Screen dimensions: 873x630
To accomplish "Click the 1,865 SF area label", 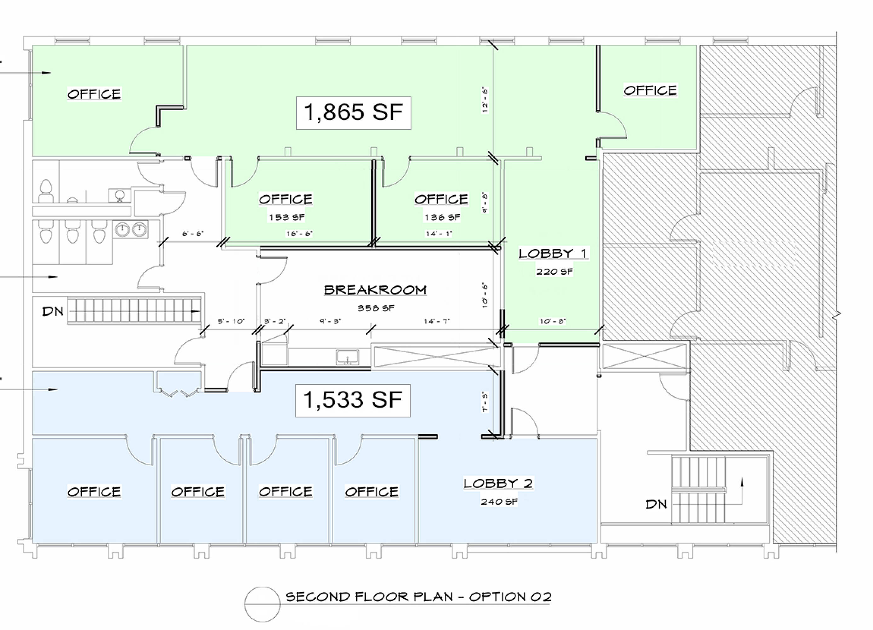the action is [353, 112].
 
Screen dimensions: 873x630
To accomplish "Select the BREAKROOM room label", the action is [375, 290].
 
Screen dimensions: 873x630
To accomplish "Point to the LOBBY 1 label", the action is [553, 253].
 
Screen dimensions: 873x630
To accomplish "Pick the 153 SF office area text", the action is [287, 217].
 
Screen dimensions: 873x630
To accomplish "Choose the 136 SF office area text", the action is [442, 217].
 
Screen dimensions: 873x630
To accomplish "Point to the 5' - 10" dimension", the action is [231, 321].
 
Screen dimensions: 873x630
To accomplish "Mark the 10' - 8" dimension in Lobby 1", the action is [552, 321].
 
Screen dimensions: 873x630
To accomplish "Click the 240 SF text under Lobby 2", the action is [499, 501].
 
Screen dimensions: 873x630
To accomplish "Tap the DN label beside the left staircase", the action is [53, 311].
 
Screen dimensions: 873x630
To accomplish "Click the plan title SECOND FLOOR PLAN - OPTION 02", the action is [418, 597].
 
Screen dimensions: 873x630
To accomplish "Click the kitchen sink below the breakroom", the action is [347, 357].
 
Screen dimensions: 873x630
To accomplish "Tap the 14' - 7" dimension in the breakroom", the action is [437, 321].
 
